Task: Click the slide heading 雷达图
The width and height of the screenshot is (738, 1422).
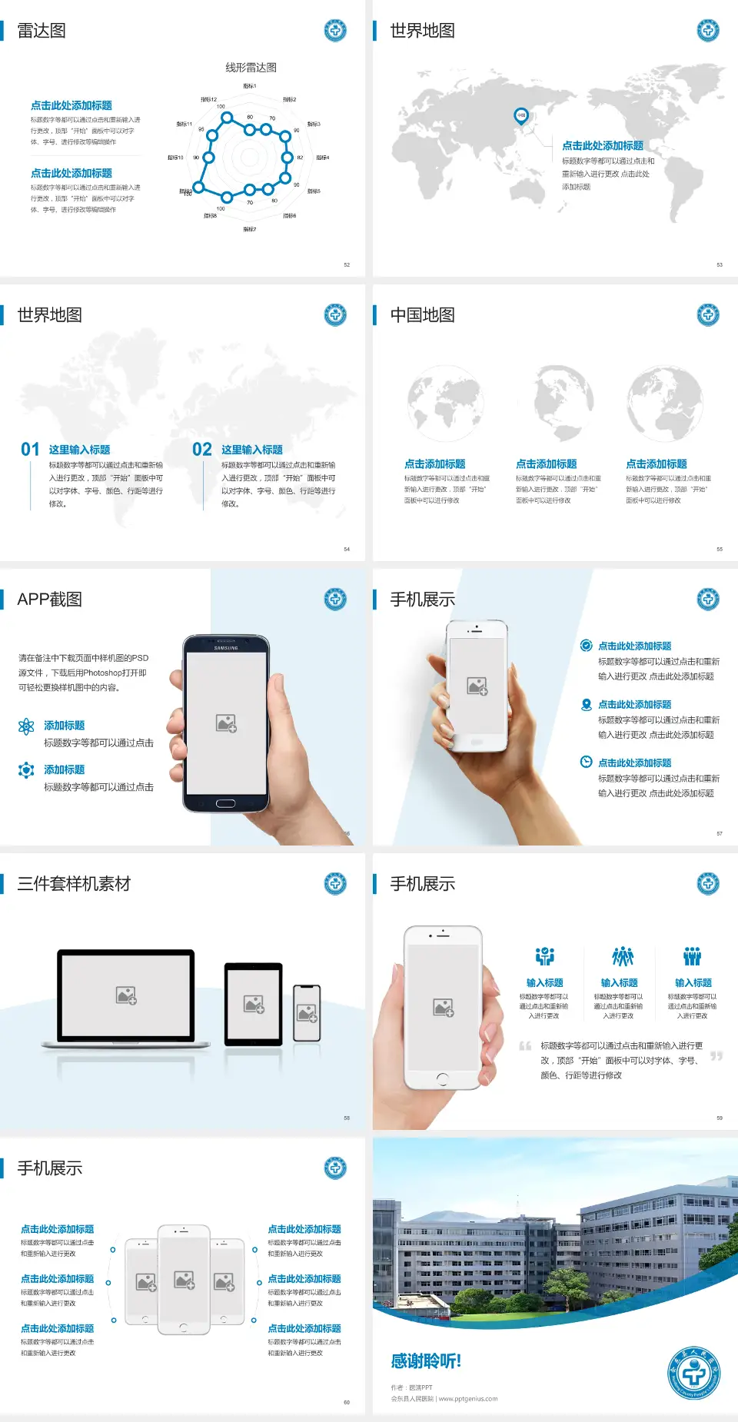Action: pos(42,31)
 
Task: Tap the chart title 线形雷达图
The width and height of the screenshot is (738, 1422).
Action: pos(251,68)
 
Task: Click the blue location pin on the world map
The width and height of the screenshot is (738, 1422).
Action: pos(521,116)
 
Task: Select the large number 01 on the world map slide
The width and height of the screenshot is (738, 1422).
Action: pos(30,450)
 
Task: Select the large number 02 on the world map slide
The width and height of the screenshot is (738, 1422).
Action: pos(202,450)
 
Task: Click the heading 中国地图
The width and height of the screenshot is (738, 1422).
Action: pos(422,315)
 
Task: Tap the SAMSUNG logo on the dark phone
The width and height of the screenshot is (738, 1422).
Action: pos(226,648)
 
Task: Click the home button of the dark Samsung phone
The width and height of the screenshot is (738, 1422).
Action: pos(225,803)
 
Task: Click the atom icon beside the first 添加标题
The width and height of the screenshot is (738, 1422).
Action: pos(26,726)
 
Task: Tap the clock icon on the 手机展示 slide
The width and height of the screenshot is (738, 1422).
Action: pos(586,762)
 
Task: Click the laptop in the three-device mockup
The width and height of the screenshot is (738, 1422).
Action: pos(126,998)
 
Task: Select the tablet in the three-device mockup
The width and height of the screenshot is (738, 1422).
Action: pos(253,1004)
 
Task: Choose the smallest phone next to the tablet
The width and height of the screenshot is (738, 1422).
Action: pos(307,1013)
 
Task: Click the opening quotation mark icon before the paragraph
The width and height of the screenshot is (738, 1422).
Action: pos(525,1046)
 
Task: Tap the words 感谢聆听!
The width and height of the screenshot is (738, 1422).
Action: pos(426,1361)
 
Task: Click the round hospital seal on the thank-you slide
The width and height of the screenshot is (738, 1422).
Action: pos(693,1373)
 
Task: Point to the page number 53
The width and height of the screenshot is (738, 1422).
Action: pos(720,264)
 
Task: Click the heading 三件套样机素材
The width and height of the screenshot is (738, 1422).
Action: pos(74,884)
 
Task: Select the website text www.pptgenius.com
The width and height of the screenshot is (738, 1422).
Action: pos(468,1399)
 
